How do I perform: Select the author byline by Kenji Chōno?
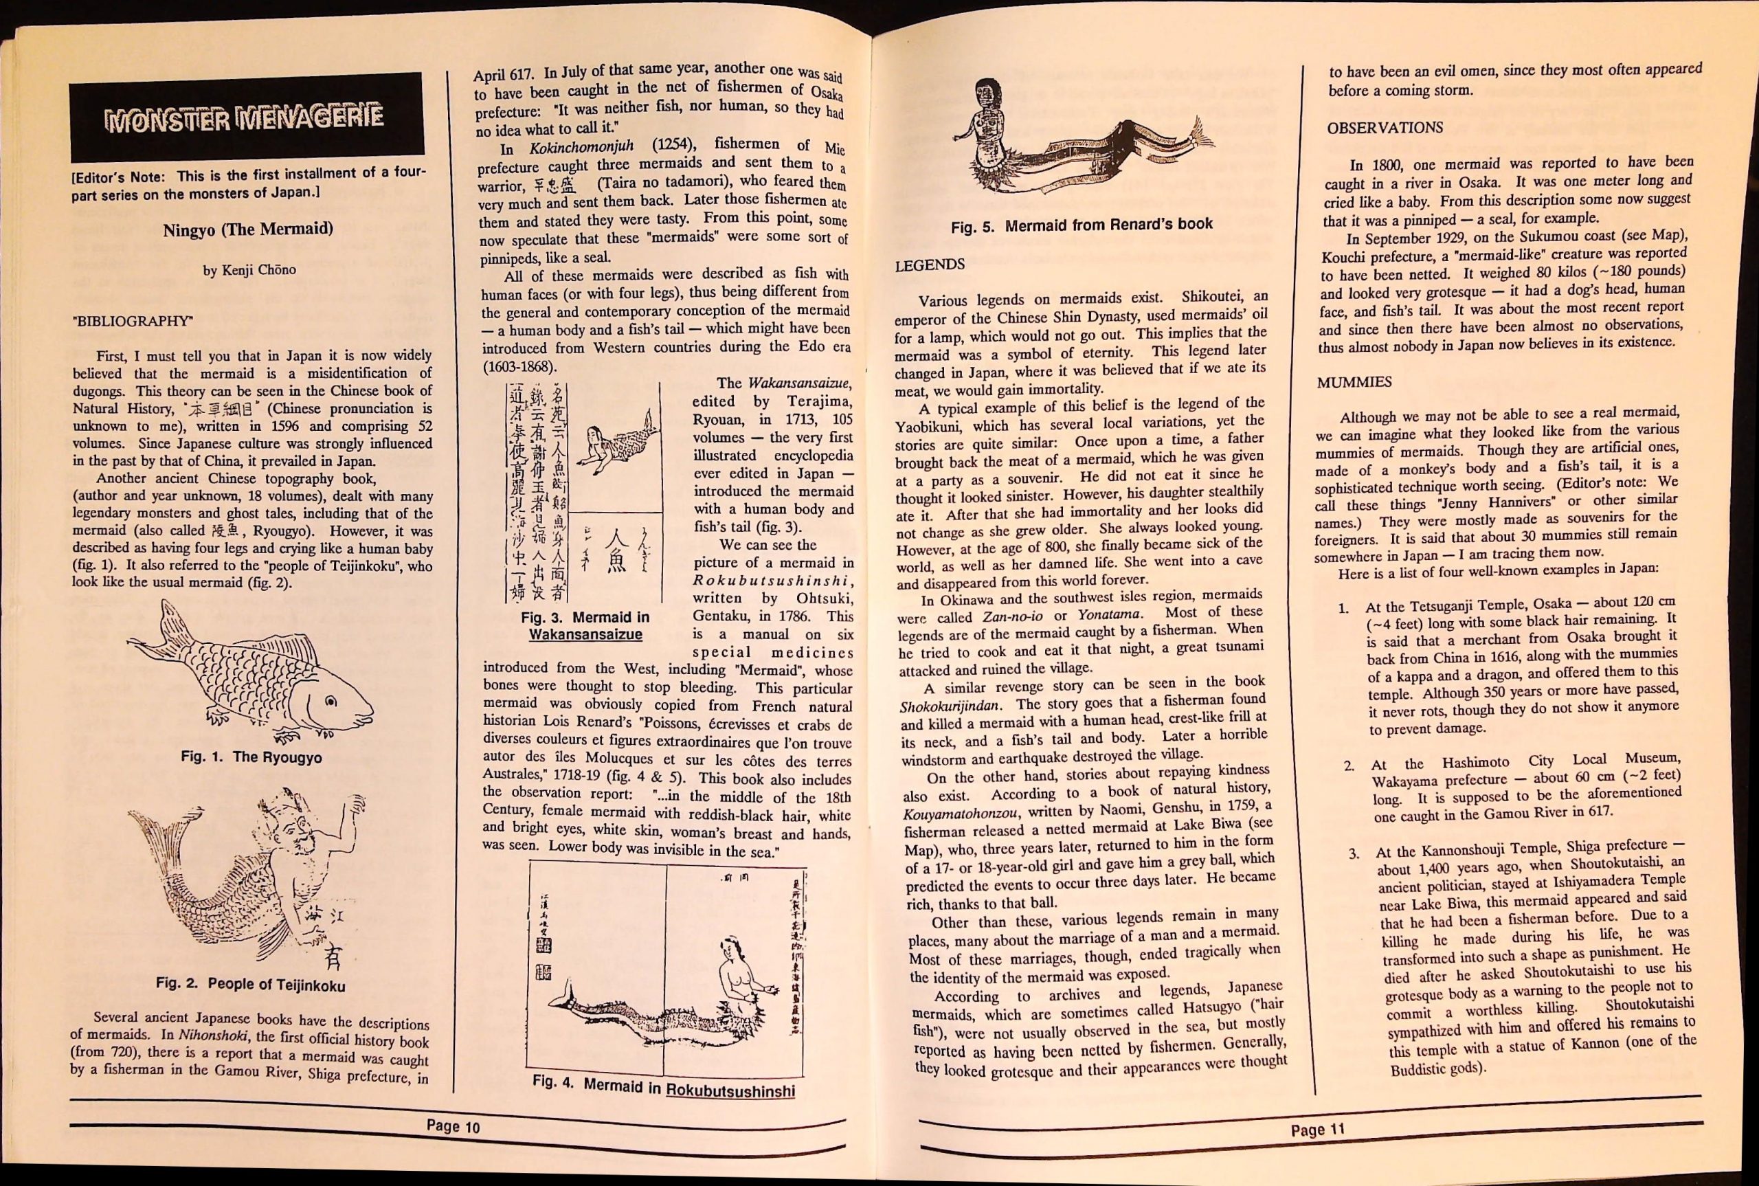point(249,270)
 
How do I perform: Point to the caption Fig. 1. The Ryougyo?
point(251,757)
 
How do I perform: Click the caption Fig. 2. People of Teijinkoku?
point(250,985)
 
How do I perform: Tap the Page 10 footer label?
point(453,1126)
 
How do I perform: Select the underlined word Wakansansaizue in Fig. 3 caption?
point(585,635)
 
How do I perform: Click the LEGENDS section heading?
point(930,265)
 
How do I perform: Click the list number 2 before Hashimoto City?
point(1348,765)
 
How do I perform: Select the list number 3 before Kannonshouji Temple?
point(1354,854)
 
